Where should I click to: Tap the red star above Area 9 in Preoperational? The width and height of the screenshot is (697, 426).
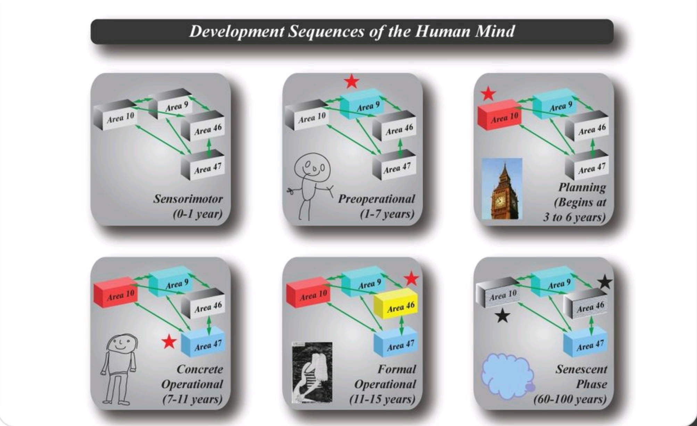click(x=351, y=81)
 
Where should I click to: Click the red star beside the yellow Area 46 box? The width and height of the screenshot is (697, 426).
click(x=412, y=279)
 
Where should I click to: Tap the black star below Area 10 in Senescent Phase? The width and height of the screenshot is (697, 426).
click(x=502, y=316)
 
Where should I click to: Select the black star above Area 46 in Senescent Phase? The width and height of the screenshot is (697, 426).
click(x=605, y=282)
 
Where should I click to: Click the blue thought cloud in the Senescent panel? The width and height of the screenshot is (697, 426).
click(x=507, y=376)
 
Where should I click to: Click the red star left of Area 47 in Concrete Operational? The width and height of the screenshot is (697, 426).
click(x=169, y=342)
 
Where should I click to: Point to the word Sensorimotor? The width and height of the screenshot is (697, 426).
click(x=188, y=199)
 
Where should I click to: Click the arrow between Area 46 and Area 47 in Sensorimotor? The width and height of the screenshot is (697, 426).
click(x=209, y=147)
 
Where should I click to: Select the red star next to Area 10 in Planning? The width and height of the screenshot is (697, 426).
click(x=488, y=93)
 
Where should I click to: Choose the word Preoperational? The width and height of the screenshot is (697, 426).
click(x=376, y=199)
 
